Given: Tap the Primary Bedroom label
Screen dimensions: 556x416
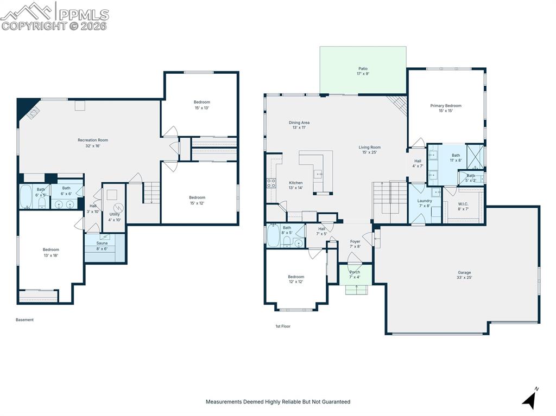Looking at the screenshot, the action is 446,108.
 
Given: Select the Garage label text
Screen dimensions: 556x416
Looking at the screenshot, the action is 464,275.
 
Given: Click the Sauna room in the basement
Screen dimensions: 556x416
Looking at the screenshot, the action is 105,248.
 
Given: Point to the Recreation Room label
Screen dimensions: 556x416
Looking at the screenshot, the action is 93,143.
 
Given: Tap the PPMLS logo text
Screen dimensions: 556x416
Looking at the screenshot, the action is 84,15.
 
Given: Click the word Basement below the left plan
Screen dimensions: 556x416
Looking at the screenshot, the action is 24,319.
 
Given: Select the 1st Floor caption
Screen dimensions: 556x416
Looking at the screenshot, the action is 283,327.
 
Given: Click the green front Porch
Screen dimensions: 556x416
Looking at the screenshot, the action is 355,274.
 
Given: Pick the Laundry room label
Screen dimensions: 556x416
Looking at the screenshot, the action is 425,203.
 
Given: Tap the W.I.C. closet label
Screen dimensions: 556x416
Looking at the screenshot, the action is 463,207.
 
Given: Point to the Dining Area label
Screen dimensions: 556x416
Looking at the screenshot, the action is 299,125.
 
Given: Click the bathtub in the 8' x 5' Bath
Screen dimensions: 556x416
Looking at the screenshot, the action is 274,235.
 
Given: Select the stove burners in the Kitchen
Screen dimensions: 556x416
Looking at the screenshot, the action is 271,183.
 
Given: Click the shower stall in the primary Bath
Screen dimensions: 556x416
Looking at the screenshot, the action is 475,157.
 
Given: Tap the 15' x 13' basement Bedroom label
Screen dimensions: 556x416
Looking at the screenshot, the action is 202,105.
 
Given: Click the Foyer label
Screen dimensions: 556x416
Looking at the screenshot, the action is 355,244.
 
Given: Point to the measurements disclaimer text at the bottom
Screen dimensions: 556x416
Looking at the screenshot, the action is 278,401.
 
